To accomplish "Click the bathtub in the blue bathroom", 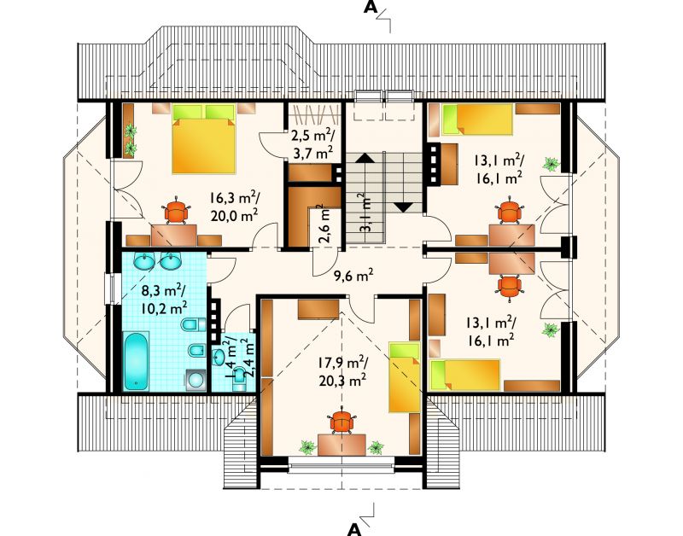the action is point(137,361).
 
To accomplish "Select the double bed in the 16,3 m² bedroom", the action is point(204,139).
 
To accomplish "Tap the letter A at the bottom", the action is point(355,528).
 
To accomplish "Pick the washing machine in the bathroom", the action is point(196,380).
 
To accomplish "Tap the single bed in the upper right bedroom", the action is point(477,119).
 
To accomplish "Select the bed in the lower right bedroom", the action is point(464,375).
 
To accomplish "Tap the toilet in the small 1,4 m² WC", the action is point(240,380).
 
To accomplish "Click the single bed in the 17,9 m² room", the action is point(404,377).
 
